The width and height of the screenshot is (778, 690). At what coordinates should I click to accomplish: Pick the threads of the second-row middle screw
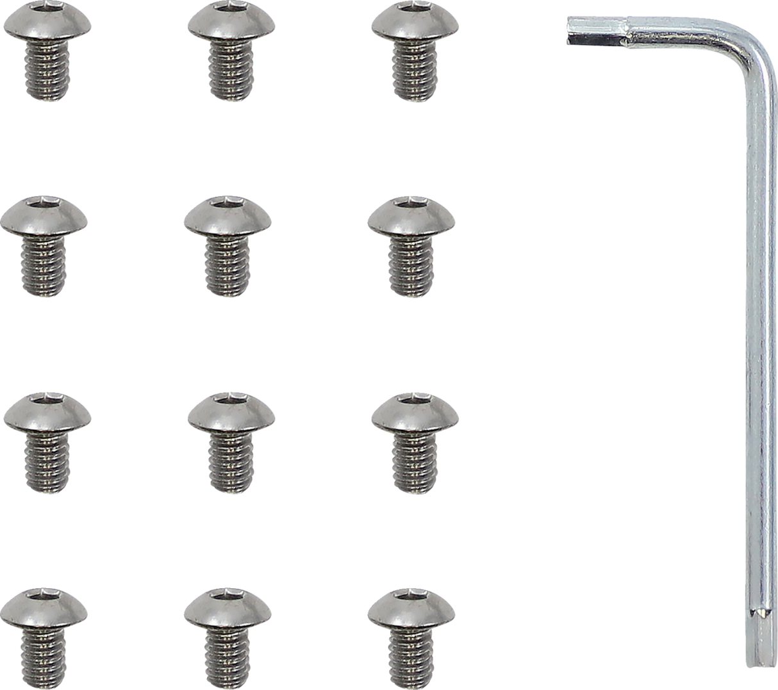point(228,266)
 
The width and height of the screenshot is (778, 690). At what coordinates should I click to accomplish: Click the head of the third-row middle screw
point(231,413)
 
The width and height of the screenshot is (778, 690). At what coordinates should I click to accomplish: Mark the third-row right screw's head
point(415,413)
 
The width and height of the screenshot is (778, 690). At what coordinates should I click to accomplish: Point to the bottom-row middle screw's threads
point(228,657)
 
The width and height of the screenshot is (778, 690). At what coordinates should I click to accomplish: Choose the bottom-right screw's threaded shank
point(411,657)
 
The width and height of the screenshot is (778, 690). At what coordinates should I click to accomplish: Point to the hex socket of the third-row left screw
point(46,397)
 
